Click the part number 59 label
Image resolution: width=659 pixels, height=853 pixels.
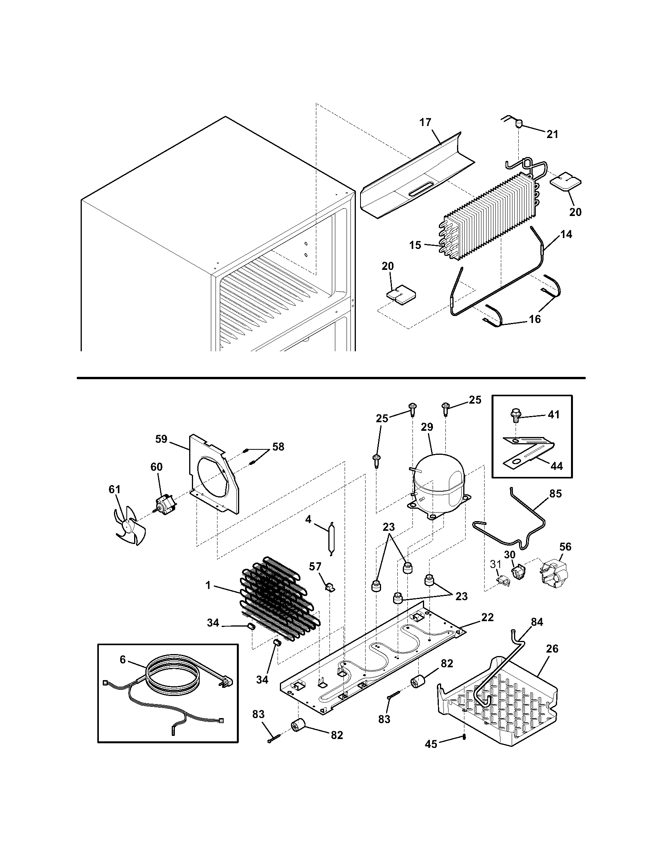click(161, 439)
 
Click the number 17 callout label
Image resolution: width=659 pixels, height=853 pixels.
click(425, 122)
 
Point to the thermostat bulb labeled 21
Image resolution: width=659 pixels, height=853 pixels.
click(519, 124)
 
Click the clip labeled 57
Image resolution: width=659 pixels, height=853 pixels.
click(329, 587)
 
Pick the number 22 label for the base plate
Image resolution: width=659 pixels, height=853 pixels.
click(487, 617)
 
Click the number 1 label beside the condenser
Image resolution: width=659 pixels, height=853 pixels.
click(208, 596)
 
